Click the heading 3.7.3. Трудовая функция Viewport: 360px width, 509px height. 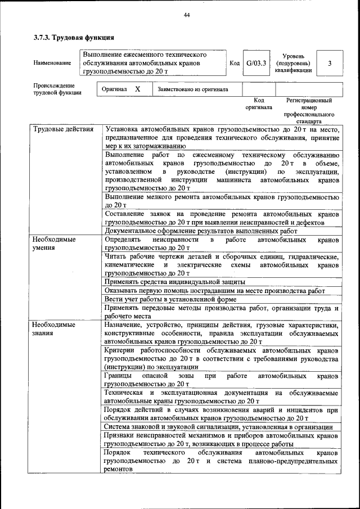[x=74, y=38]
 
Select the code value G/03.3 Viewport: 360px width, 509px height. [x=256, y=64]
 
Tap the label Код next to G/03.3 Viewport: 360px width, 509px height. [x=235, y=64]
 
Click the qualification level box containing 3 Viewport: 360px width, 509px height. [x=330, y=64]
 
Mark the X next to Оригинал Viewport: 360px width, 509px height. [x=137, y=89]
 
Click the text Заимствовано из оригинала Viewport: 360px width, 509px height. [x=193, y=89]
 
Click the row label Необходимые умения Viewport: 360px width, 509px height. [x=54, y=243]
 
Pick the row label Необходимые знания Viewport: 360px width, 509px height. [x=54, y=329]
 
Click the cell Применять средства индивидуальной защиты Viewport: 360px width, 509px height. [x=175, y=281]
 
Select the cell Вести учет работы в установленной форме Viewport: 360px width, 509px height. [x=170, y=299]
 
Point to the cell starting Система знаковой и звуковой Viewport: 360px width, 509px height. [x=218, y=427]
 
